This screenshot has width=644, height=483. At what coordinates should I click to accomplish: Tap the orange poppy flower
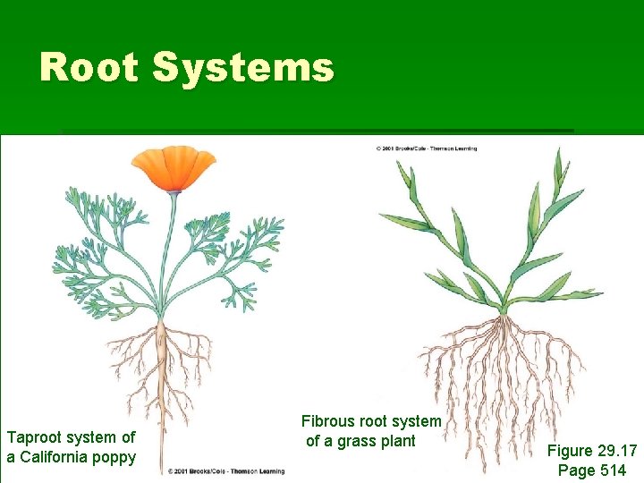pyautogui.click(x=174, y=168)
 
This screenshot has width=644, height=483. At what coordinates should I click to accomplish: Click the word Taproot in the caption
pyautogui.click(x=38, y=437)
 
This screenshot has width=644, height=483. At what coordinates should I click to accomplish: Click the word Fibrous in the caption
pyautogui.click(x=327, y=420)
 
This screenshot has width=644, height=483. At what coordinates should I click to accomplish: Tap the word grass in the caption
pyautogui.click(x=358, y=440)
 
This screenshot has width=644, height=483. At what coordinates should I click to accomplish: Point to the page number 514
pyautogui.click(x=610, y=470)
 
